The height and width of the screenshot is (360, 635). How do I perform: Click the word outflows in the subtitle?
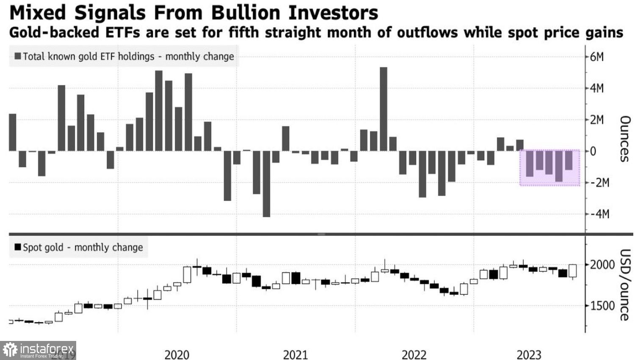pos(427,33)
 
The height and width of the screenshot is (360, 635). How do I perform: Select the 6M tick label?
pos(597,57)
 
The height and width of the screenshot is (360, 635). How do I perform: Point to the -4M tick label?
pos(597,214)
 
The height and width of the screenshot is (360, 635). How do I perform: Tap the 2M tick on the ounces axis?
pos(597,120)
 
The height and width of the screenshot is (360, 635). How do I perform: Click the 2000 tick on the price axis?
pos(602,265)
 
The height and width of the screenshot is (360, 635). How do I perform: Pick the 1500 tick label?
pos(602,306)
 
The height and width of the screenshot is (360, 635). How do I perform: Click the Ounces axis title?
pos(625,139)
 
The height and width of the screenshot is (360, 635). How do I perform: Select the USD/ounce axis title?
pos(625,285)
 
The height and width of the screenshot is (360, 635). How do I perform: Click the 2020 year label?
pos(177,354)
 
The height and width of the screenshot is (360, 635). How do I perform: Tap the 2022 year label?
pos(414,354)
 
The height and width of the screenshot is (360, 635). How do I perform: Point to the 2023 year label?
pos(529,354)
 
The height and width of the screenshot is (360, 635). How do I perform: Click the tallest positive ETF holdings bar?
pos(383,109)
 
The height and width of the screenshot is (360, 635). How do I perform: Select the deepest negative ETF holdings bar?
pos(266,184)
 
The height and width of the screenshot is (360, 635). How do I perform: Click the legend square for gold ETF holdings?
pos(17,56)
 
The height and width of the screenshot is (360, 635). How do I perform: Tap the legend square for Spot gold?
pos(17,247)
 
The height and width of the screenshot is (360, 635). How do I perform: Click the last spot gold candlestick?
pos(573,271)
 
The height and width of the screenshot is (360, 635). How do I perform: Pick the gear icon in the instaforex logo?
pos(9,350)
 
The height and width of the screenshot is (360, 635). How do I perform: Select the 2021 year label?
pos(295,354)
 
